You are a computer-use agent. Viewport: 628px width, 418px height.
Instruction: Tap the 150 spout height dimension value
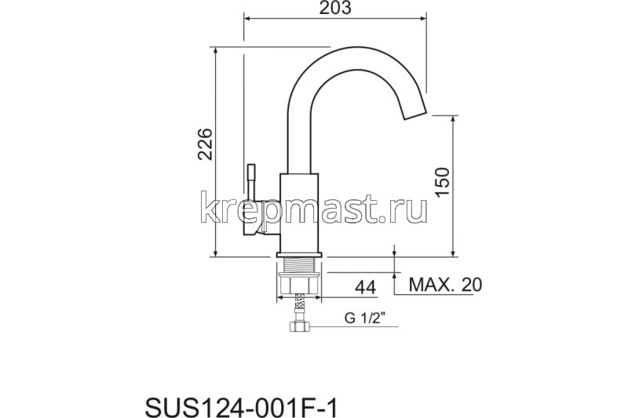pos(441,183)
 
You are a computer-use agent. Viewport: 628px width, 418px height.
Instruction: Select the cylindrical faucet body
pos(300,212)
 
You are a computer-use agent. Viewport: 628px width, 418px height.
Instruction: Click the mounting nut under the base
pos(299,283)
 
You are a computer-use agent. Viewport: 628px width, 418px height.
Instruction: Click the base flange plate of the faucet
pos(299,255)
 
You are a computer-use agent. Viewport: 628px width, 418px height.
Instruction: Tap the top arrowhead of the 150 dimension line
pos(454,118)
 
